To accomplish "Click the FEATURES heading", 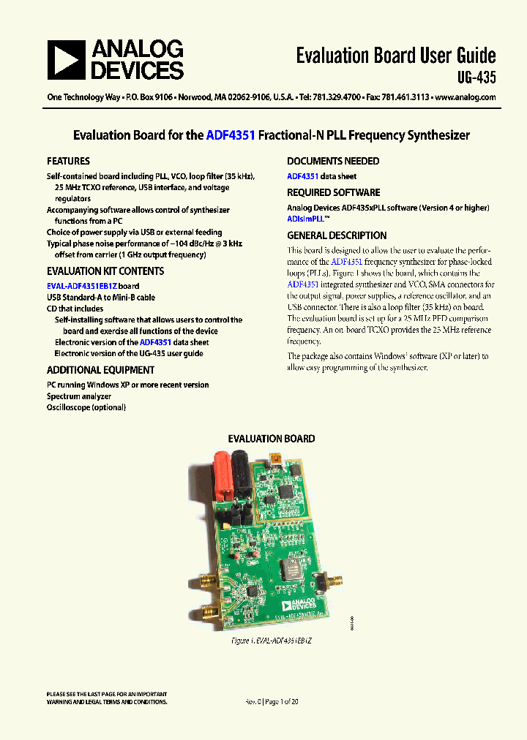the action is coord(68,161).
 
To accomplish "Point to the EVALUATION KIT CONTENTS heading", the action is coord(105,271).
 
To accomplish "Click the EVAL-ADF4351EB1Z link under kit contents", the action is coord(93,286).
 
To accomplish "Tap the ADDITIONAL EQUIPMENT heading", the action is coord(100,370).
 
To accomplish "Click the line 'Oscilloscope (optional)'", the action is coord(86,407).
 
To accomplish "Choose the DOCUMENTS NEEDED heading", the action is coord(333,161).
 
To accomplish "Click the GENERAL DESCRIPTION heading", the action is coord(337,235).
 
